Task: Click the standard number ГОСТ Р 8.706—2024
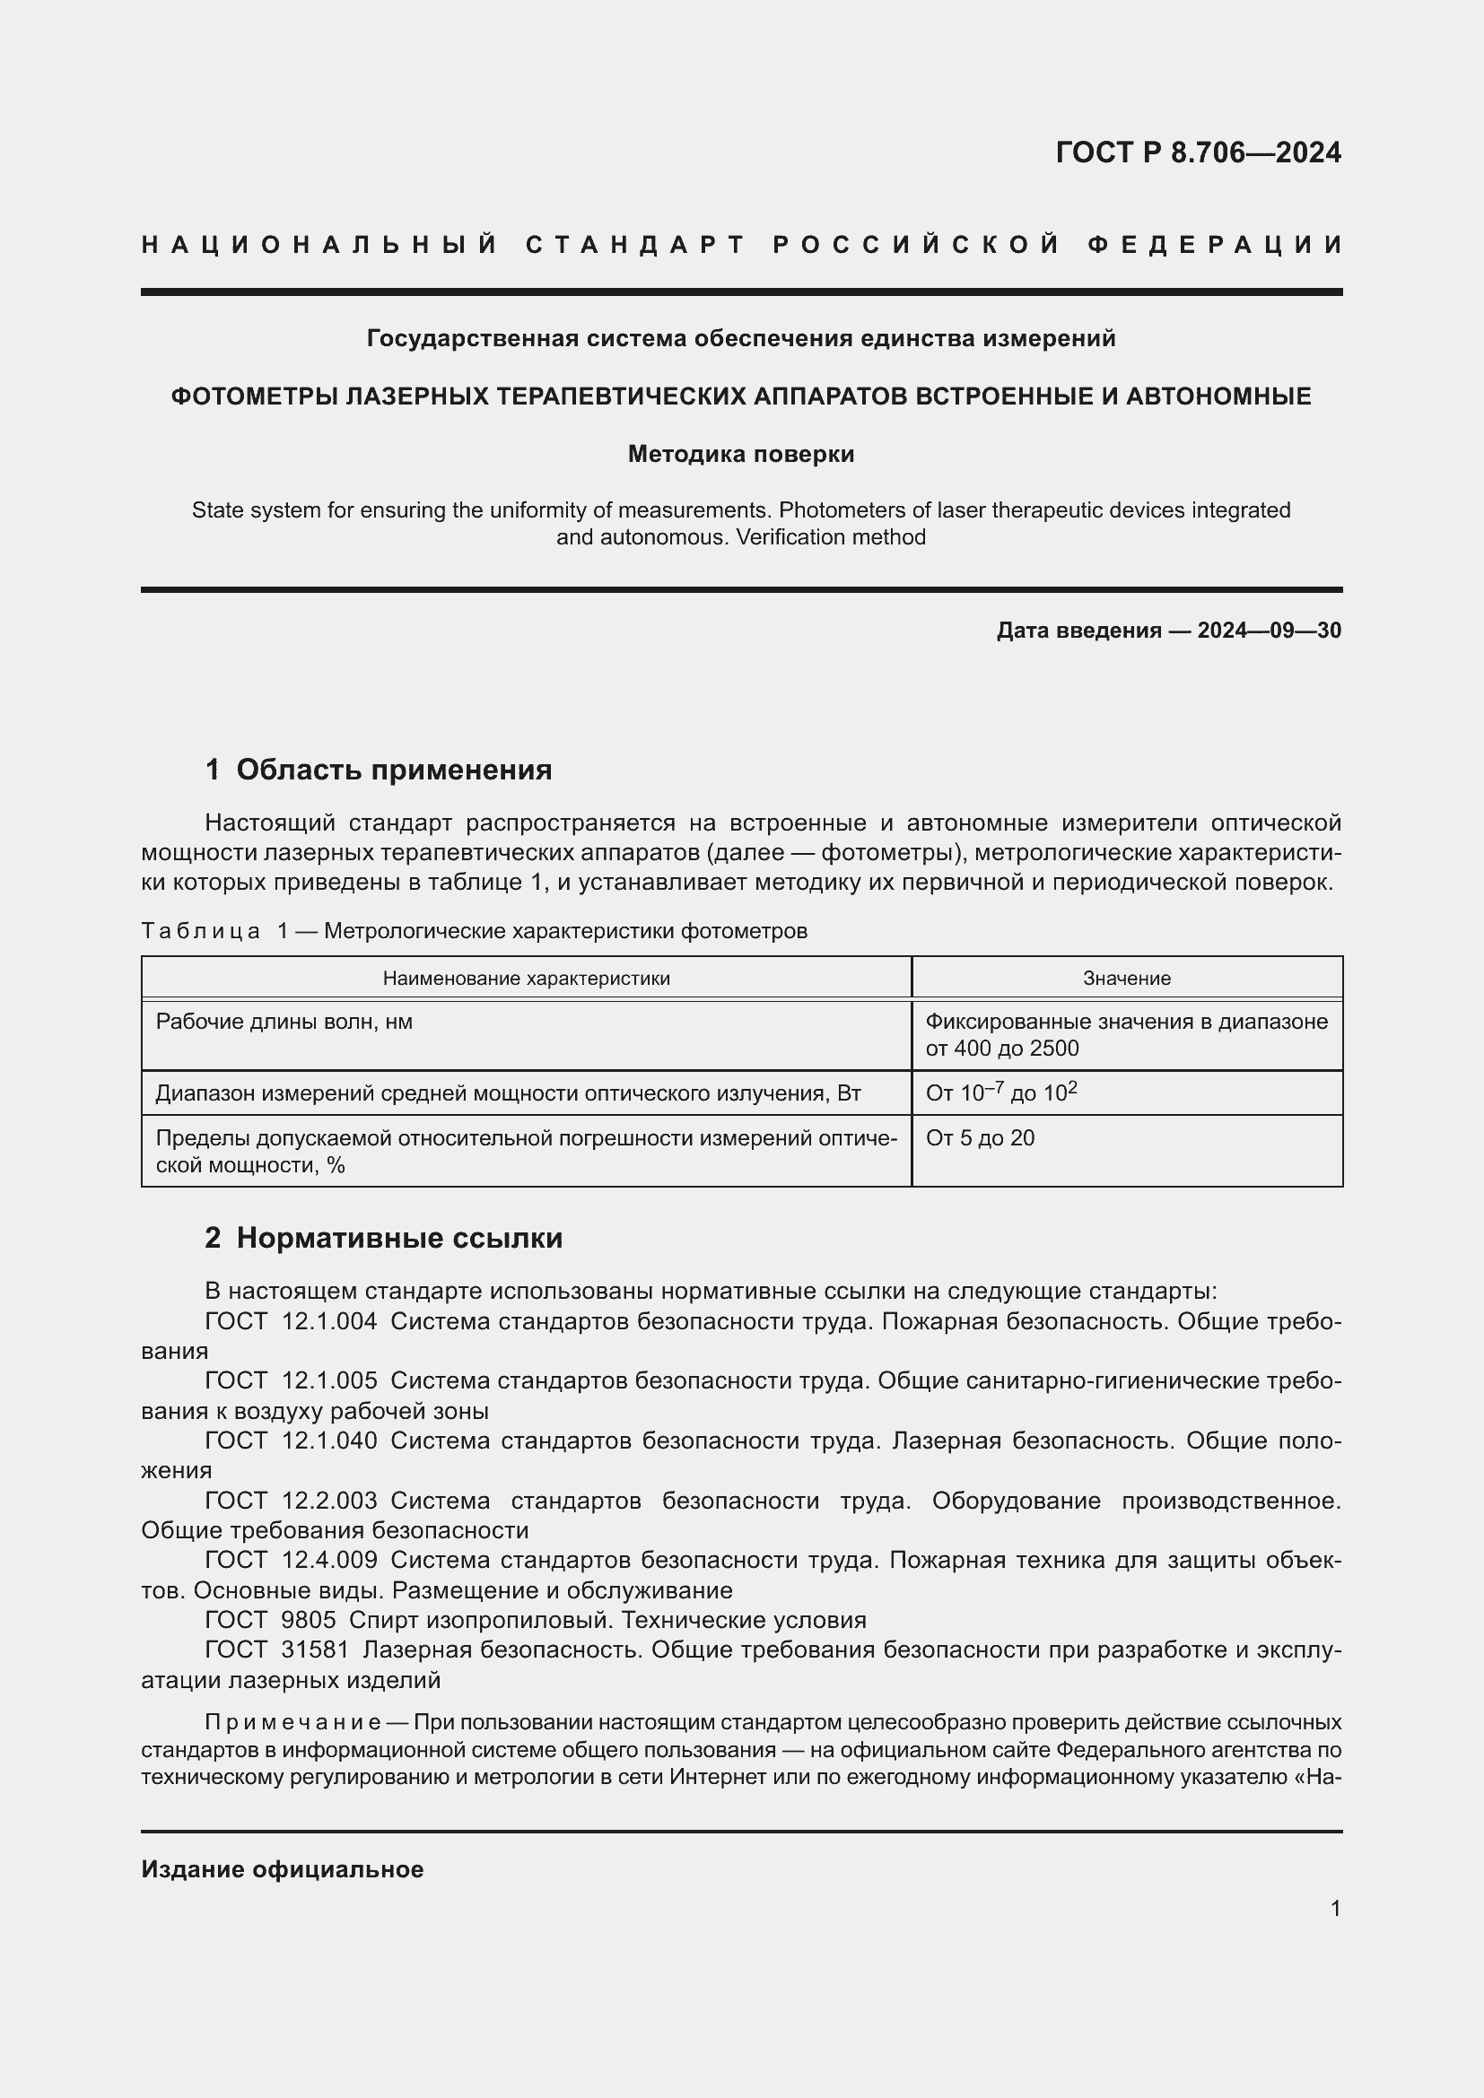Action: [1198, 152]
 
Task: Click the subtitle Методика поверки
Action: [741, 454]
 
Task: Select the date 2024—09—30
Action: [1270, 631]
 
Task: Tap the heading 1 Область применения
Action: [379, 770]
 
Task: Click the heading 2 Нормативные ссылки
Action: [384, 1238]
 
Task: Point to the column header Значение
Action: [1127, 979]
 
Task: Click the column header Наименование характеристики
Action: [527, 979]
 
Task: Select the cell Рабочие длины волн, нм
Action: [284, 1022]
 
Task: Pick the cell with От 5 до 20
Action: [981, 1138]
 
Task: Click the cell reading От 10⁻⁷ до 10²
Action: [1001, 1093]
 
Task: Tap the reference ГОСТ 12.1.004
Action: [291, 1321]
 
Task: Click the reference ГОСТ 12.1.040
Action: [291, 1441]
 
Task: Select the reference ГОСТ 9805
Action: [270, 1620]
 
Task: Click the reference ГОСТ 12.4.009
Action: [291, 1561]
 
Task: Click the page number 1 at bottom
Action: [1335, 1909]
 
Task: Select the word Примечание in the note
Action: [293, 1723]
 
